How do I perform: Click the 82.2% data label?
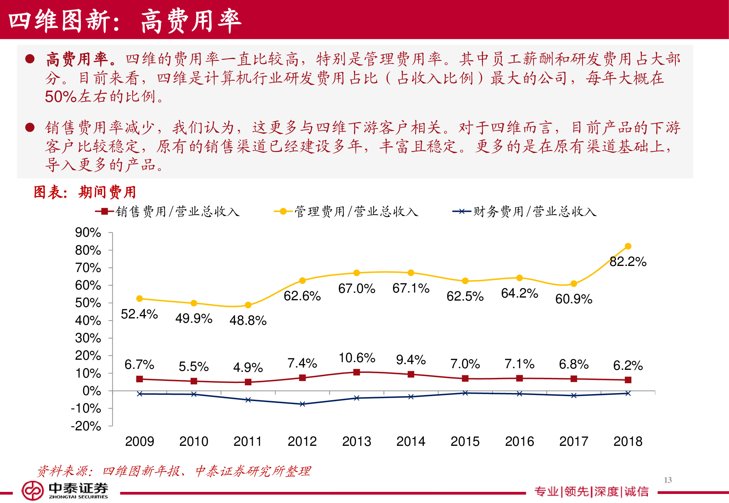tap(628, 262)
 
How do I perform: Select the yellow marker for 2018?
tap(628, 246)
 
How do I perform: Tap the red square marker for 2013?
tap(356, 372)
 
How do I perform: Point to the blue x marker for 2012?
tap(302, 404)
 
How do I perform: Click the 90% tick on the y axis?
tap(88, 232)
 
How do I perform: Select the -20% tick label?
tap(86, 426)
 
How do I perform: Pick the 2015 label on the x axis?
tap(465, 441)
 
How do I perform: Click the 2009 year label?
tap(139, 441)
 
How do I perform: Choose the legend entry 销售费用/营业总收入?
tap(168, 211)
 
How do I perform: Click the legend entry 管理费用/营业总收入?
tap(346, 211)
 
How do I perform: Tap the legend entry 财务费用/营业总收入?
tap(525, 211)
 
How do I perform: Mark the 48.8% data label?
tap(248, 320)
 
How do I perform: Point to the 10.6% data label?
tap(356, 358)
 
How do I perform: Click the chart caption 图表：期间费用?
tap(85, 192)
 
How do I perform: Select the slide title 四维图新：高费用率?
tap(125, 21)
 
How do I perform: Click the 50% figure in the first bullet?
tap(61, 97)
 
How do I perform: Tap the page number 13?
tap(668, 480)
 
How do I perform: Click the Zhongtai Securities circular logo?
tap(32, 491)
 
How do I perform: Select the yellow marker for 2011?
tap(248, 305)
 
